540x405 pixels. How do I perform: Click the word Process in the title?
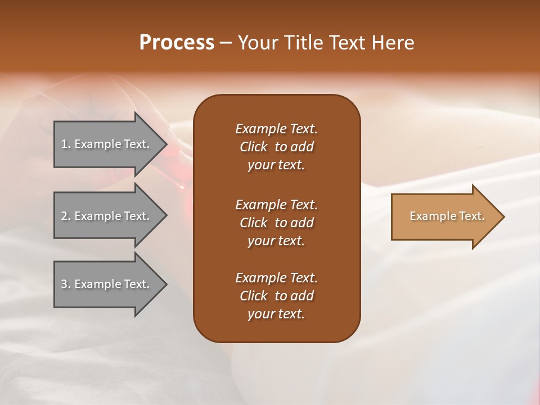click(x=177, y=43)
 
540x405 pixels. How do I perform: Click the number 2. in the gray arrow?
click(x=66, y=216)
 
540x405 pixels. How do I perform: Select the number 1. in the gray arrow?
click(x=66, y=144)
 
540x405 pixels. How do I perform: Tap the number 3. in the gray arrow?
click(x=66, y=284)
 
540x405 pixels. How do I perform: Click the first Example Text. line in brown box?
click(x=276, y=129)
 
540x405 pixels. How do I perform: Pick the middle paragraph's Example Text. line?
click(x=276, y=205)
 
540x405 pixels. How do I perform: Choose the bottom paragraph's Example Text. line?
click(x=276, y=278)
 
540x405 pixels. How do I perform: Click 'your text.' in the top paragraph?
click(x=276, y=165)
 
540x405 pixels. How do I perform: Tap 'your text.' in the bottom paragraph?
click(x=276, y=314)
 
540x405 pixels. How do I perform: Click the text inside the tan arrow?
click(x=447, y=216)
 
